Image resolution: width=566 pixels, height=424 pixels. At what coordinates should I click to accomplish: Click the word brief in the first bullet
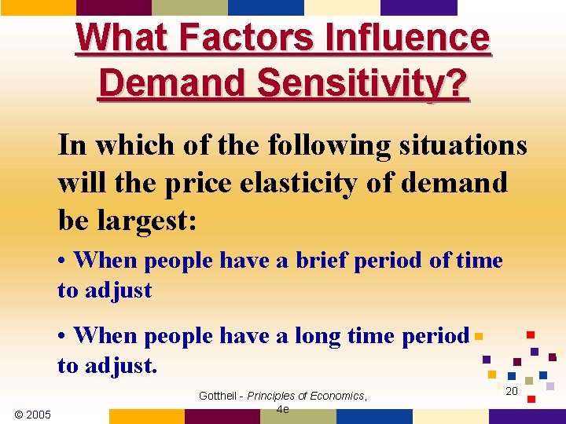click(x=322, y=260)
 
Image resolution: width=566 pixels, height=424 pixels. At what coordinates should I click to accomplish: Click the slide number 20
click(x=511, y=391)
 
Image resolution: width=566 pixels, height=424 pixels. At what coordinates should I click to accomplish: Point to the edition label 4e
click(x=282, y=409)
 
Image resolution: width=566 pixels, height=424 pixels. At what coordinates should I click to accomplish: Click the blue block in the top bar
click(x=266, y=7)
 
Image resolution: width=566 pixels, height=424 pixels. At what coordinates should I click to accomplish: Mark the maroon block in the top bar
click(x=114, y=7)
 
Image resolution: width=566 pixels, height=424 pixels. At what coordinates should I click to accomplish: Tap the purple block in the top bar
click(x=418, y=7)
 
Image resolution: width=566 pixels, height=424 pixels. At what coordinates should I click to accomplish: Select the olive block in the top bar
click(x=189, y=7)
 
